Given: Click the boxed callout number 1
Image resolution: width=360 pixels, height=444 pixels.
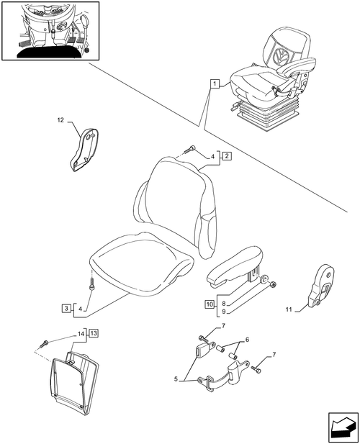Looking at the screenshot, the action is click(x=215, y=83).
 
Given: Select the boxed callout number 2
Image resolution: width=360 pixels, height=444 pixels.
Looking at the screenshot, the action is click(x=227, y=156).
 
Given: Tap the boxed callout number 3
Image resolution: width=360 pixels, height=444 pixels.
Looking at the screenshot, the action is click(x=66, y=308).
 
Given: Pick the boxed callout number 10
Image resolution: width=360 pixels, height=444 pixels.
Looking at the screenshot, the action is click(x=210, y=304).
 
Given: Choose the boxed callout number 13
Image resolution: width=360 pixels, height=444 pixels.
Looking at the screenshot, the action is click(x=94, y=333).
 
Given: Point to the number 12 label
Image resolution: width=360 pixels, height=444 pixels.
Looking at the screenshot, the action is click(x=60, y=120).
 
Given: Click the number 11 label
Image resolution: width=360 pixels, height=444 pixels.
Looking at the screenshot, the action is click(x=289, y=309).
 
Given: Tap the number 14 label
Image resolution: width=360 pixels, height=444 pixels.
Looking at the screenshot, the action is click(x=81, y=334).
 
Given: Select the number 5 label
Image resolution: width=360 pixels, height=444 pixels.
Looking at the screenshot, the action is click(x=176, y=379).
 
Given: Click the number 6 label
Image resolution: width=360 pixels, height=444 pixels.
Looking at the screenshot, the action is click(x=247, y=339).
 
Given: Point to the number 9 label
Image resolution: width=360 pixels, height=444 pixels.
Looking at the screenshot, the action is click(x=224, y=312).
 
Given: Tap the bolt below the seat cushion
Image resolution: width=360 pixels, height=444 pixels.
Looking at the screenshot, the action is click(x=91, y=284).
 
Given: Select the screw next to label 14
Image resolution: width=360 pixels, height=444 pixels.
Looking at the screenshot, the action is click(x=44, y=344).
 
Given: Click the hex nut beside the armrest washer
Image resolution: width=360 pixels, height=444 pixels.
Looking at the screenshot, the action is click(x=274, y=284).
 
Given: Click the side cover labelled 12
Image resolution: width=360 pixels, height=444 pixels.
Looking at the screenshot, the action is click(x=84, y=150).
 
